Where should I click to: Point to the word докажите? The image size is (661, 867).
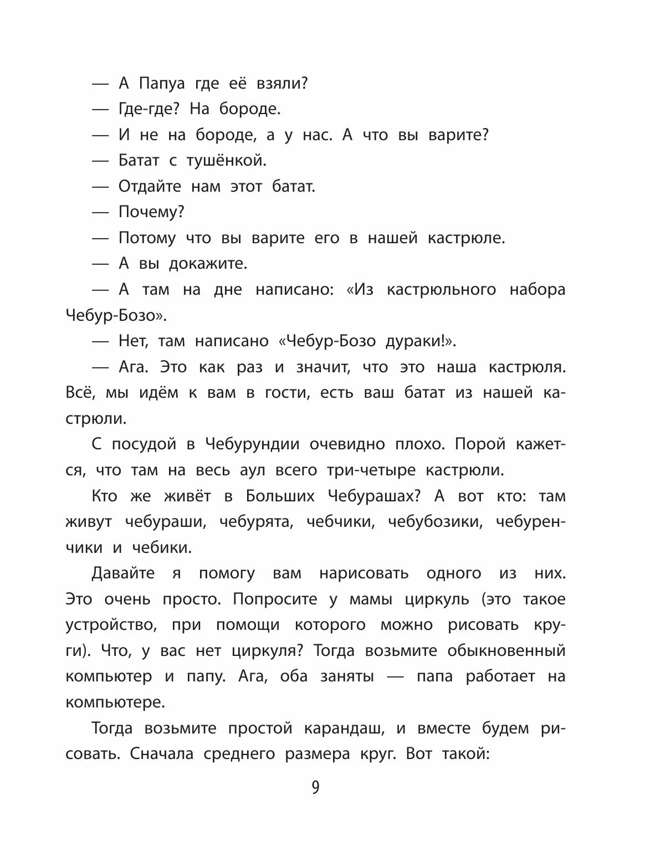click(208, 264)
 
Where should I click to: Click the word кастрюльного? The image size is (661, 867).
click(441, 289)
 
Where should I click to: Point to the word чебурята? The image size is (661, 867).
click(255, 521)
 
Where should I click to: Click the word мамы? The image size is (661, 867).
click(371, 599)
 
